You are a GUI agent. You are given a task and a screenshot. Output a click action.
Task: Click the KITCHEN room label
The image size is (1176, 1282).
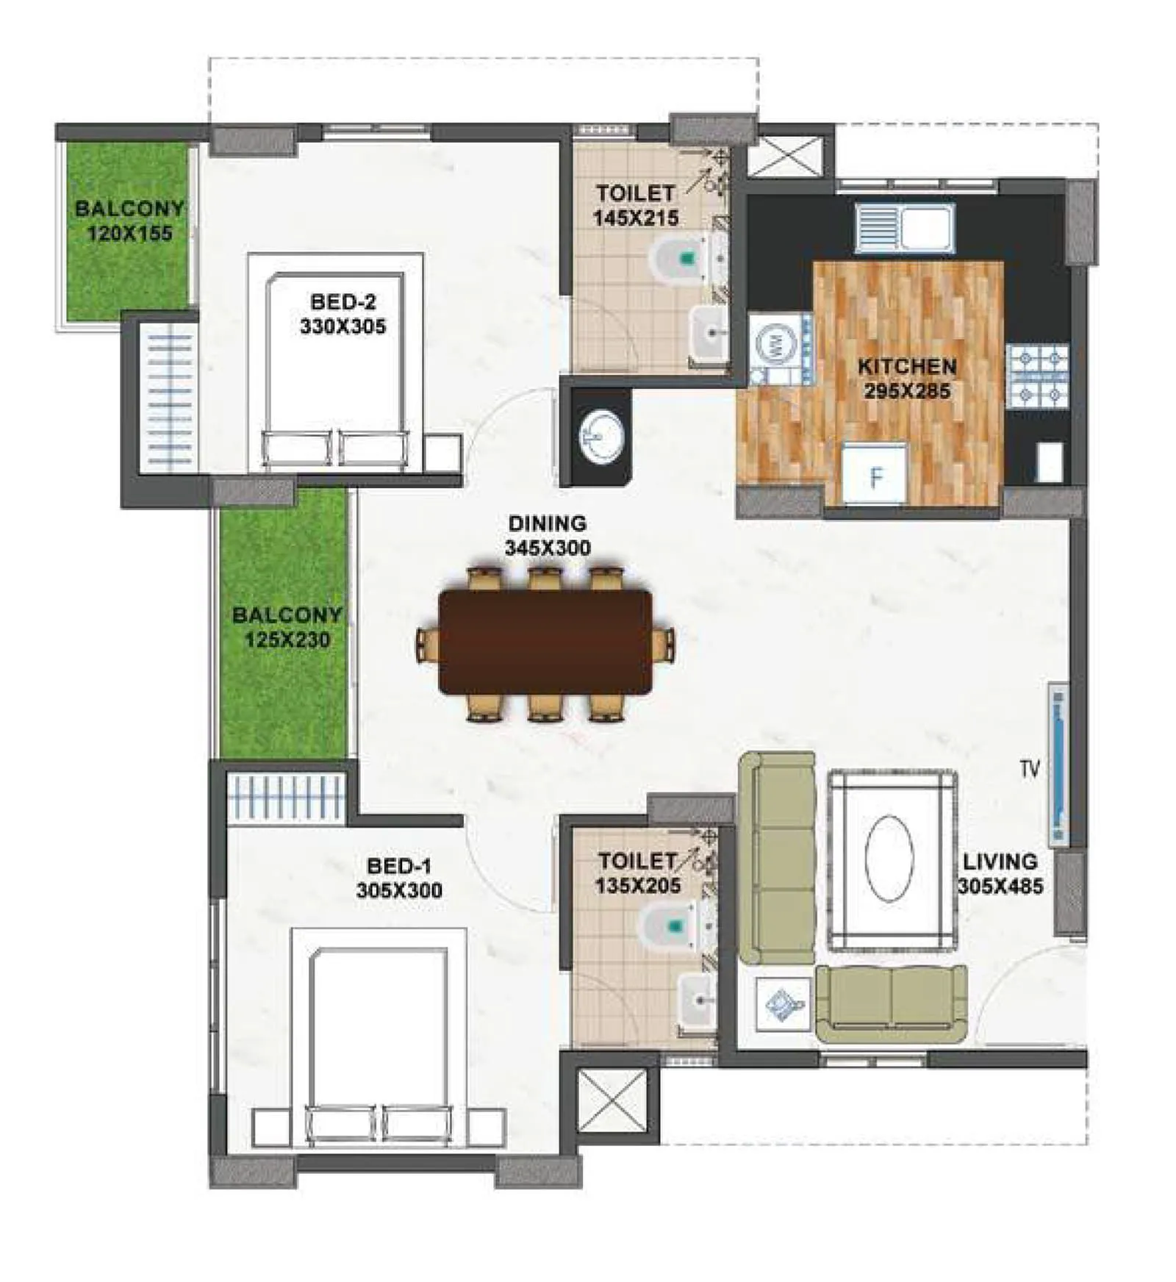click(906, 366)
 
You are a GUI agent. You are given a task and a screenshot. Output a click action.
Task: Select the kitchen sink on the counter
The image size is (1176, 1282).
click(904, 226)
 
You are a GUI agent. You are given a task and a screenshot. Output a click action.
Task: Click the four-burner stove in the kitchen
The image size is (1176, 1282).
click(1036, 376)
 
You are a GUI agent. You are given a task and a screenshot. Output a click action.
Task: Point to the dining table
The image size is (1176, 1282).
click(545, 641)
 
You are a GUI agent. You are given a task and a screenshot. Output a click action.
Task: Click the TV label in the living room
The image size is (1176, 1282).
click(1029, 769)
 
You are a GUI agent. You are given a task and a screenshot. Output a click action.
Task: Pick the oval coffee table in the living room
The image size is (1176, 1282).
click(889, 857)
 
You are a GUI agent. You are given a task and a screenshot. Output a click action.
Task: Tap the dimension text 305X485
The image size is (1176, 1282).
click(1000, 887)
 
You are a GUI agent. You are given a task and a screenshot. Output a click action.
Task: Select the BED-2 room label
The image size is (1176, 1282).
click(343, 301)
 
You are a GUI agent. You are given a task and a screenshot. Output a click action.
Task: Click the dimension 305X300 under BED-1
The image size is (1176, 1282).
click(399, 891)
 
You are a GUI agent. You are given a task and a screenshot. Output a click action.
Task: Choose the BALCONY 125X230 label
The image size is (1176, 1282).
click(287, 626)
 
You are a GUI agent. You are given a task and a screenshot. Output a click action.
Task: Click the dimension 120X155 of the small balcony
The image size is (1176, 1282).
click(129, 234)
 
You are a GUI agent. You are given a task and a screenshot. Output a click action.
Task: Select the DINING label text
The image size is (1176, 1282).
click(547, 523)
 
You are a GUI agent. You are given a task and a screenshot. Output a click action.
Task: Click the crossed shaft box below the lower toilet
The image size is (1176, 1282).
click(612, 1100)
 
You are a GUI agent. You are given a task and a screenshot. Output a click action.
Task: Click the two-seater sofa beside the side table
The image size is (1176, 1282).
click(891, 1003)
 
